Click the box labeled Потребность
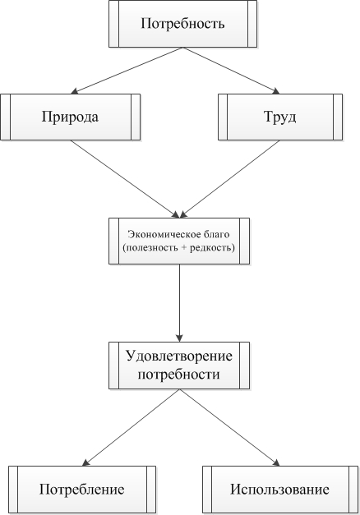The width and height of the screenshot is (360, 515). [x=182, y=24]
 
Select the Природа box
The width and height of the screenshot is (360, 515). [x=71, y=117]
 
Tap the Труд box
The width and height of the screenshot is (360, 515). [x=280, y=117]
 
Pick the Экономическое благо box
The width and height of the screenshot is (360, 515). [x=179, y=241]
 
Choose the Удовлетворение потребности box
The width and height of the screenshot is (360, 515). [x=179, y=366]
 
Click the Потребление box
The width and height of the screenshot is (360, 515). [x=82, y=490]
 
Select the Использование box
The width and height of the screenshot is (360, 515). [x=280, y=490]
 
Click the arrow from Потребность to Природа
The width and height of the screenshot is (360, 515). [x=127, y=71]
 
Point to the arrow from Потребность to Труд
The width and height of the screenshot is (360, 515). [x=231, y=71]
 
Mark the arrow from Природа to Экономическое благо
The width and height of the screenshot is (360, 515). [x=125, y=179]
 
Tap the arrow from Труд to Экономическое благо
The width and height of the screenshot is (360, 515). [x=230, y=179]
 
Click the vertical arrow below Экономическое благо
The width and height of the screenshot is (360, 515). [x=179, y=303]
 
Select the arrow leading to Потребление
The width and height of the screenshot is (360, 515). [x=131, y=428]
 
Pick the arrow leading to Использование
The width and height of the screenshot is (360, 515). [x=229, y=428]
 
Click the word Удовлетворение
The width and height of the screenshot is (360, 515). [x=179, y=356]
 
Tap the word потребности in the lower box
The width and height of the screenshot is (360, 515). [x=179, y=375]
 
